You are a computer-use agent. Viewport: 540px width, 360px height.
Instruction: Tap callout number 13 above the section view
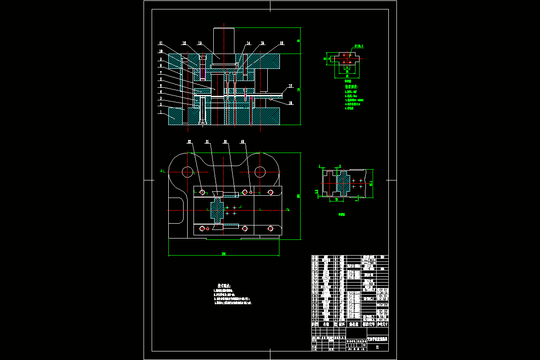click(x=199, y=43)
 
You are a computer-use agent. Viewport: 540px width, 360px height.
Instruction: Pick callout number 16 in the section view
click(x=281, y=43)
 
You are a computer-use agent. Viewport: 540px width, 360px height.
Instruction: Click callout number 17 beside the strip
click(x=291, y=85)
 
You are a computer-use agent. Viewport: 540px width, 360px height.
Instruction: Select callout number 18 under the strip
click(x=291, y=103)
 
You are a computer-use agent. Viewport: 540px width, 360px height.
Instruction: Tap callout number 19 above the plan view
click(x=243, y=141)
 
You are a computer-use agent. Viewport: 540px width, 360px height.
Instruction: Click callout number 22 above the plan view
click(x=189, y=141)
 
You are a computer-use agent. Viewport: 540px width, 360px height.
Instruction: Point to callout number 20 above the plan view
click(x=225, y=141)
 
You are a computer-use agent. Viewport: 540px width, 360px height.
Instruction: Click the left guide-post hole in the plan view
click(x=187, y=171)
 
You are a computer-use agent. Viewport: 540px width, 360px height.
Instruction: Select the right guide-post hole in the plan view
click(x=260, y=171)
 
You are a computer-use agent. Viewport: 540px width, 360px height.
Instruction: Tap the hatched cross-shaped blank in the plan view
click(x=216, y=210)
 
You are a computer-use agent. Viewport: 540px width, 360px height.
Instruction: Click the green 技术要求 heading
click(x=351, y=86)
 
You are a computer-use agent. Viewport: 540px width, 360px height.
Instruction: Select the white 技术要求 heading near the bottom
click(x=224, y=285)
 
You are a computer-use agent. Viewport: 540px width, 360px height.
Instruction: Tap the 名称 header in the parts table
click(x=326, y=324)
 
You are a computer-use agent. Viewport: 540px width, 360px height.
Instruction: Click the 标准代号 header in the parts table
click(x=368, y=324)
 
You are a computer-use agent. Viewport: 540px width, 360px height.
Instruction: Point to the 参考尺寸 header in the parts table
click(x=382, y=324)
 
